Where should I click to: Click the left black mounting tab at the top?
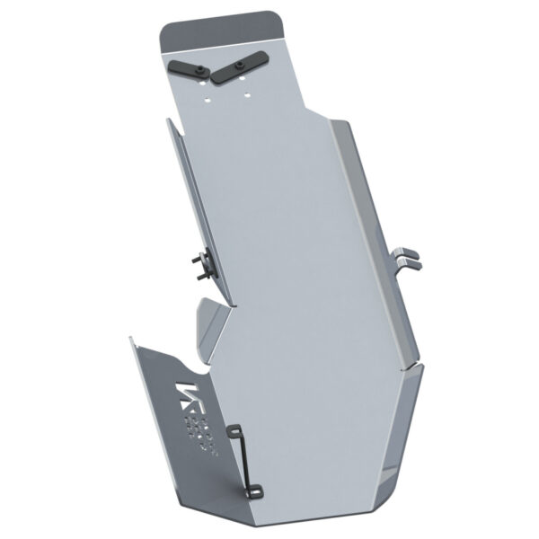click(186, 70)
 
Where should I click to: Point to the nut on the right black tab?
click(240, 66)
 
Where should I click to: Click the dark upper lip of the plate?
click(225, 31)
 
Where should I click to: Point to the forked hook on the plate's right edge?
click(407, 257)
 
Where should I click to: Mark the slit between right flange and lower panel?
click(410, 364)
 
